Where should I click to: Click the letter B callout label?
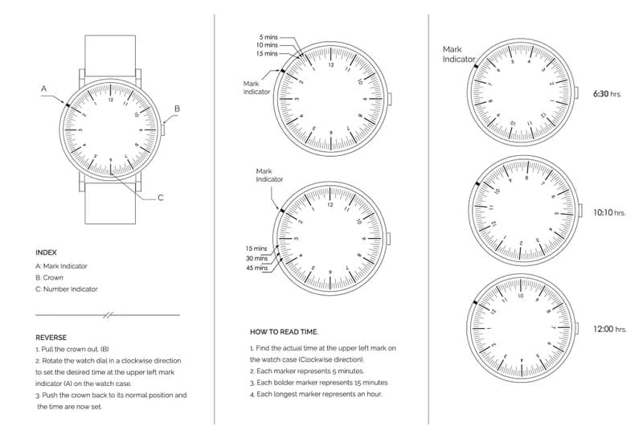coord(178,109)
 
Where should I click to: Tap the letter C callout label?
coord(160,198)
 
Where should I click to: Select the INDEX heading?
coord(47,252)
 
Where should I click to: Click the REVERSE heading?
coord(51,338)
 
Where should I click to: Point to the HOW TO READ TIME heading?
coord(284,331)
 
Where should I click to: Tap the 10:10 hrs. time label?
coord(608,213)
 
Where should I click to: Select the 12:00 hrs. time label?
coord(608,329)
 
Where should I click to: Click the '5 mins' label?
coord(268,37)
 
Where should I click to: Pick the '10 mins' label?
coord(267,45)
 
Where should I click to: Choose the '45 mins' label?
coord(256,268)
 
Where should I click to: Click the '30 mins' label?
coord(256,258)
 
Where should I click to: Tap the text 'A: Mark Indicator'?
coord(62,265)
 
